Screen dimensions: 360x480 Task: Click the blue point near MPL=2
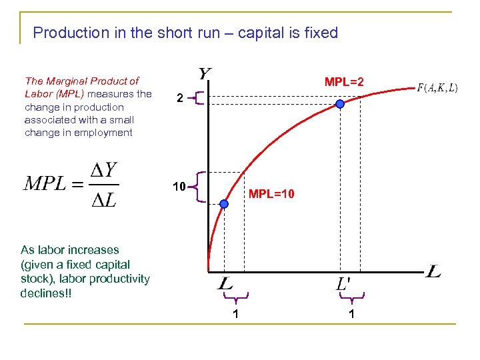340,104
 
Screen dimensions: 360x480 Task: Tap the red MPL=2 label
344,83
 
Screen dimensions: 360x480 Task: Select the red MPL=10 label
271,195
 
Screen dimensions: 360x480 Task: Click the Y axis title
205,73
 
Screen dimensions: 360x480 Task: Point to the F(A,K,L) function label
437,88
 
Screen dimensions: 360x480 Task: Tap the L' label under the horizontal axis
343,284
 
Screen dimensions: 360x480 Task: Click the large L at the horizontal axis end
433,272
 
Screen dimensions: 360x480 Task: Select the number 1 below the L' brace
351,313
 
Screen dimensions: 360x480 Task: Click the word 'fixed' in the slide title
321,33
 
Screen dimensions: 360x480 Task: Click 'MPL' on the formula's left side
45,185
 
